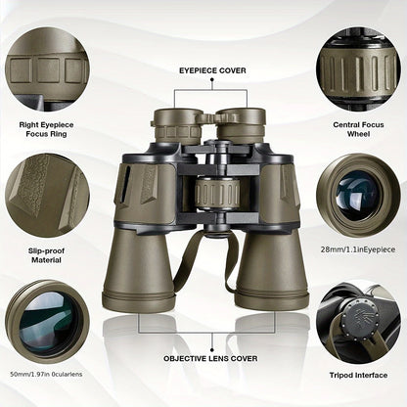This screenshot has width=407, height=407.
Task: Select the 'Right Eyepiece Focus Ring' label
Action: (x=47, y=131)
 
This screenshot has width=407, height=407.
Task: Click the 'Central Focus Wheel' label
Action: (x=359, y=131)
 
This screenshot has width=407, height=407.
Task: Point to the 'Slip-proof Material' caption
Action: (x=47, y=257)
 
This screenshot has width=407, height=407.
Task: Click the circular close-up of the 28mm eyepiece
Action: (x=359, y=192)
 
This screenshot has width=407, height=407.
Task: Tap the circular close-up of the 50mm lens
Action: (x=47, y=321)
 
